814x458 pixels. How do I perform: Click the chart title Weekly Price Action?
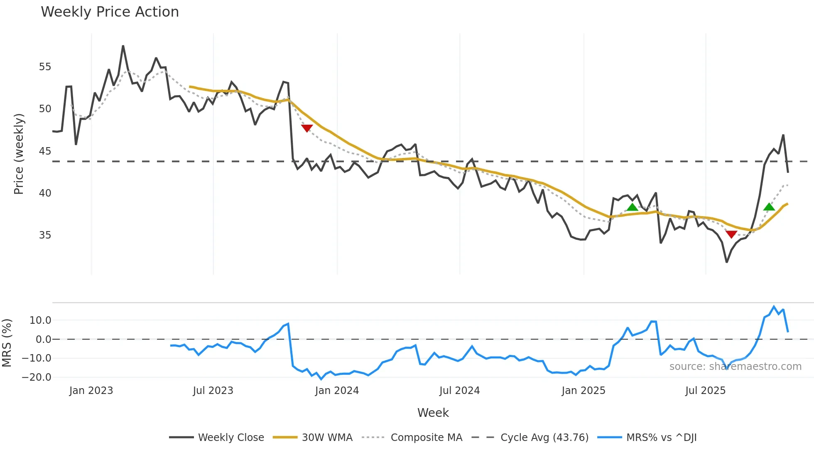110,12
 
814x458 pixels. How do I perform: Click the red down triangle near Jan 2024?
306,128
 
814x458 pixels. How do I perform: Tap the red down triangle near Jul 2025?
731,234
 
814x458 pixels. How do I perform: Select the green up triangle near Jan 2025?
632,207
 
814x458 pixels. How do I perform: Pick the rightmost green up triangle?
769,207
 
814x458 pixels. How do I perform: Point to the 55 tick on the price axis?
45,67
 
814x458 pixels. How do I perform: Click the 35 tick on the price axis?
45,235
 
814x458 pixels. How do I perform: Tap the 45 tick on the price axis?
45,151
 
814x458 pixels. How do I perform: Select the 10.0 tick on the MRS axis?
40,320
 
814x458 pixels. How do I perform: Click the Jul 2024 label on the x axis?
459,391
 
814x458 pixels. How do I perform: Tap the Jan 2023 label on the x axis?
91,391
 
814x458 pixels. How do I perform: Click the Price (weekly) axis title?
19,154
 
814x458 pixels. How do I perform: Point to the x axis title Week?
433,413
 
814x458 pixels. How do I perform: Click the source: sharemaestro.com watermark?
735,367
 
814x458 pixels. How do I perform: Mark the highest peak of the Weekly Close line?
123,46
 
